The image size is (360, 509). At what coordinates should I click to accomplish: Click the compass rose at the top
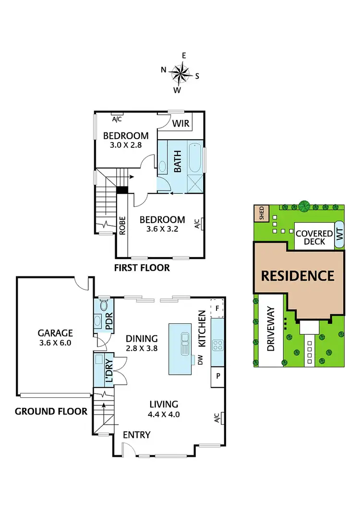180,73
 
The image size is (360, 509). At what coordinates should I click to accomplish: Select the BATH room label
178,161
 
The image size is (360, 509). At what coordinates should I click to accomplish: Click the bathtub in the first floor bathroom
195,157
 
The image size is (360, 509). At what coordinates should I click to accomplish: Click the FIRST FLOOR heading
142,267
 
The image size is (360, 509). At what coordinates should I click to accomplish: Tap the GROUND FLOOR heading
51,411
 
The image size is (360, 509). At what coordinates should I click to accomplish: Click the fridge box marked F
217,308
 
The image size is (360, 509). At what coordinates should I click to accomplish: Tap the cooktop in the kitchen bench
217,345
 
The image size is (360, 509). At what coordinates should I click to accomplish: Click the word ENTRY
136,435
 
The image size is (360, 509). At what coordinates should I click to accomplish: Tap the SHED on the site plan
262,213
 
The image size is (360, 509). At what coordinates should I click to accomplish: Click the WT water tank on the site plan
339,235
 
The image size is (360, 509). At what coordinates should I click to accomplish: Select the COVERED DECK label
314,237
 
